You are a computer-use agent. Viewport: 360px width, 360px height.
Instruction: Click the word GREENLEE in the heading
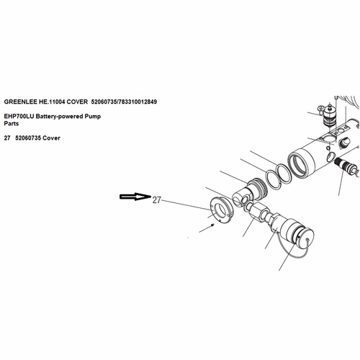pyautogui.click(x=20, y=102)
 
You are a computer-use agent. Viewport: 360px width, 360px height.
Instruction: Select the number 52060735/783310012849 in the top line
pyautogui.click(x=124, y=102)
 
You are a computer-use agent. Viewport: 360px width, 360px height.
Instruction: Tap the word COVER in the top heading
pyautogui.click(x=77, y=102)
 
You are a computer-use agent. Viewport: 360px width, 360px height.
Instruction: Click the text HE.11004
pyautogui.click(x=52, y=102)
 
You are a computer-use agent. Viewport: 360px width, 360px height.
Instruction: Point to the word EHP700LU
pyautogui.click(x=19, y=117)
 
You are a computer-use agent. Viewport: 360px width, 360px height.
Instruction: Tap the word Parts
pyautogui.click(x=12, y=124)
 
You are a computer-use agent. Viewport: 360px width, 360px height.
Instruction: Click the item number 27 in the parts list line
pyautogui.click(x=7, y=138)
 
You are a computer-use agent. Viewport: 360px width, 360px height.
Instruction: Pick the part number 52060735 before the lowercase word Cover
pyautogui.click(x=28, y=138)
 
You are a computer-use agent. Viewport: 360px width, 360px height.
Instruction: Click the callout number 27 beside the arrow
pyautogui.click(x=156, y=200)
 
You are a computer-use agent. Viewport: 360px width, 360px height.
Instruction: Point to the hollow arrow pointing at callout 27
pyautogui.click(x=135, y=197)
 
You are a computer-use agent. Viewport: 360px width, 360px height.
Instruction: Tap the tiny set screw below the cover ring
pyautogui.click(x=212, y=225)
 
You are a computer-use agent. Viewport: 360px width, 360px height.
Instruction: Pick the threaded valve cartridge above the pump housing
pyautogui.click(x=328, y=114)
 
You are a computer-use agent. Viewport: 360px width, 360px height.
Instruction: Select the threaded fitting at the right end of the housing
pyautogui.click(x=346, y=166)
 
